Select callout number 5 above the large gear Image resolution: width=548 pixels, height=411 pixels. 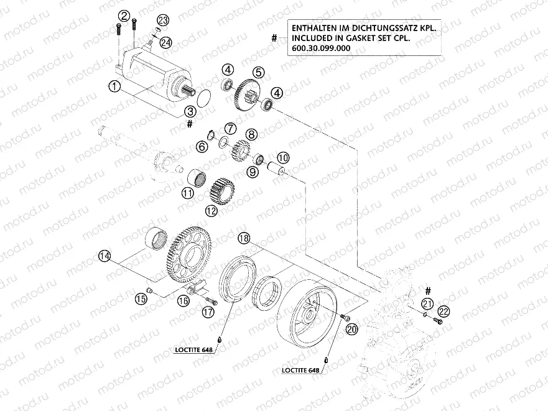click(258, 73)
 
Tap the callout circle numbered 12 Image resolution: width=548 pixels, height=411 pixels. click(212, 211)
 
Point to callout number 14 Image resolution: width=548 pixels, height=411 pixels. click(104, 256)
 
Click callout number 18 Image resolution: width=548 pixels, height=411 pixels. click(244, 238)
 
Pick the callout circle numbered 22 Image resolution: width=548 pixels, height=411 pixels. click(444, 311)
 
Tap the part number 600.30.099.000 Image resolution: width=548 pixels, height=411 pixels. click(320, 49)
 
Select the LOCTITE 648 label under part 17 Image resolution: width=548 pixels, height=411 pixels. click(193, 350)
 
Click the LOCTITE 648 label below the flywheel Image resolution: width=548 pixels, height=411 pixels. click(300, 369)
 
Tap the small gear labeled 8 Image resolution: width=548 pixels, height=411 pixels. click(241, 152)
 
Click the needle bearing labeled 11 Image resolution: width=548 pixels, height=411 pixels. click(198, 176)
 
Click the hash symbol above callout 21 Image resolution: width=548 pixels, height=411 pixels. click(428, 290)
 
